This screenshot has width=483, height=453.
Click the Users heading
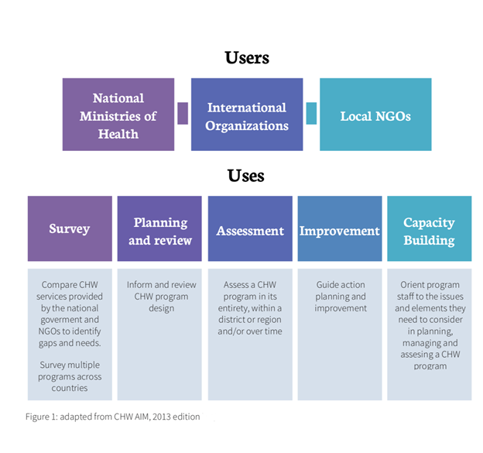247,57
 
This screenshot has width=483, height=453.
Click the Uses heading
246,175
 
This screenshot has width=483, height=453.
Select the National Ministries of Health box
118,115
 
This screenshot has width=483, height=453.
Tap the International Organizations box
247,115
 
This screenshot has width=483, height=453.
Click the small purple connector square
183,113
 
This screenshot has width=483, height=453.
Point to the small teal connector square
311,113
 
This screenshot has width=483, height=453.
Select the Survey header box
70,228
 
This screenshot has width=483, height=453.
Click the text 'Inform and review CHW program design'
161,296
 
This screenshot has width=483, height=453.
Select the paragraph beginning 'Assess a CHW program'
250,307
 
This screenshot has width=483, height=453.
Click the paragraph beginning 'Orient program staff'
430,324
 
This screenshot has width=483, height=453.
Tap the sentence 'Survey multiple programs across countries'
70,376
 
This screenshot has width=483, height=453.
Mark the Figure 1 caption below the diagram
112,417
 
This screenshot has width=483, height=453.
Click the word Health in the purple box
118,133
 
